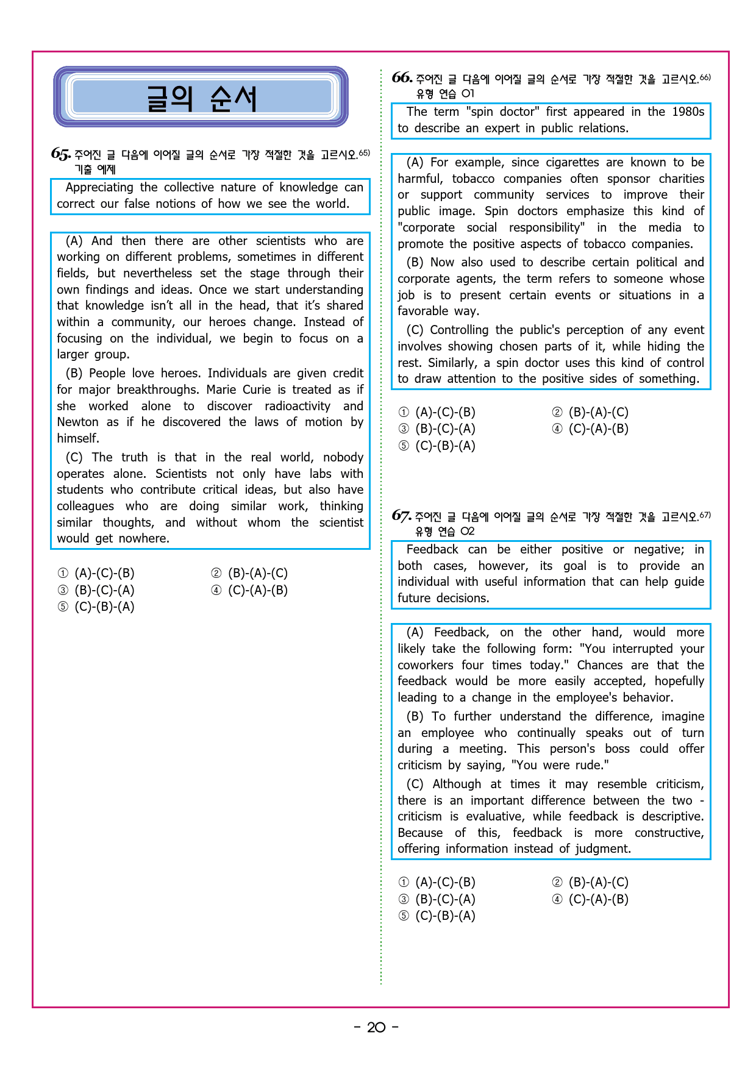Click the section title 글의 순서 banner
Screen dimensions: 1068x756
201,98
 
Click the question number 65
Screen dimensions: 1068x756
60,154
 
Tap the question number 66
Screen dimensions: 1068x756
402,77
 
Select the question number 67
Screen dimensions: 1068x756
401,516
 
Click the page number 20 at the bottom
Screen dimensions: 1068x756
376,1027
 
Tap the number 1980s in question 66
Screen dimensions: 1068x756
688,112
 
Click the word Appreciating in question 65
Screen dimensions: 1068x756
99,187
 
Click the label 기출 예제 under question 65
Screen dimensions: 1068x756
94,169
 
